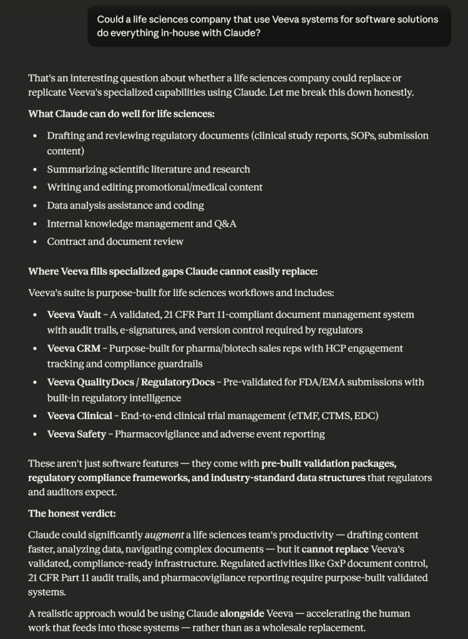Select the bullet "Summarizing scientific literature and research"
[x=149, y=169]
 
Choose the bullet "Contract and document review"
[x=115, y=241]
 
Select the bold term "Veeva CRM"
[x=74, y=348]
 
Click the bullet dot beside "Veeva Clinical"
[x=34, y=415]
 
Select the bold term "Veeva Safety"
[x=77, y=433]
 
